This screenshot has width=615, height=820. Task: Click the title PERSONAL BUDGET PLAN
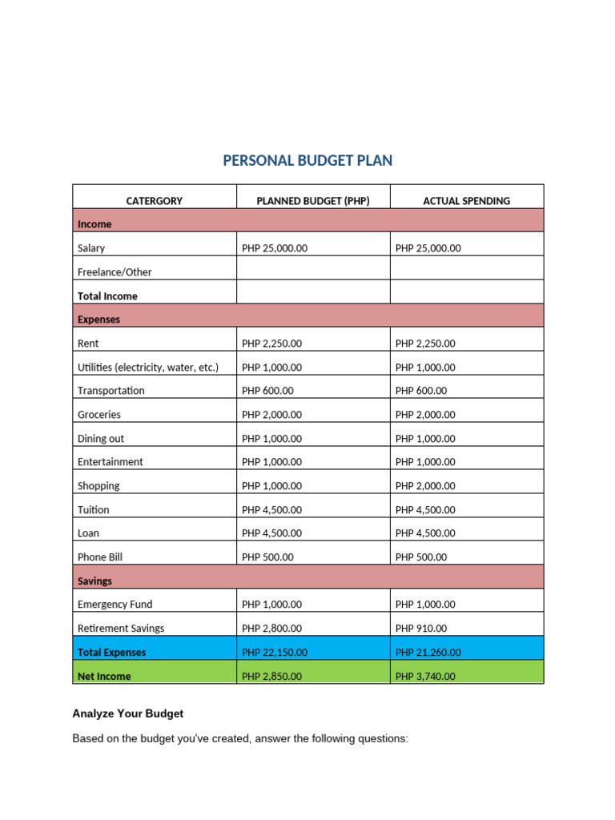coord(307,161)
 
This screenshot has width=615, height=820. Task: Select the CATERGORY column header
coord(155,201)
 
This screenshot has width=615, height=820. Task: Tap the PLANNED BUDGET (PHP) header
coord(313,201)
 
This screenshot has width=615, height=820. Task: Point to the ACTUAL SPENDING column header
coord(467,201)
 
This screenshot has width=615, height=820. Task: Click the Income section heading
coord(94,224)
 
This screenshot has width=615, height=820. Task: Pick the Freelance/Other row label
coord(115,272)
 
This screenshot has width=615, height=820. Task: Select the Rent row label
coord(88,344)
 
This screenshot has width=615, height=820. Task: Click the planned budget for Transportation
coord(267,391)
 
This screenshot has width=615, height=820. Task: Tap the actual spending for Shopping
coord(425,486)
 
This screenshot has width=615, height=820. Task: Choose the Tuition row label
coord(94,509)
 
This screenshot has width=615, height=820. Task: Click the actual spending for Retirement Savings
coord(421,629)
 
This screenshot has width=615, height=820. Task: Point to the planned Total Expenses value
coord(274,653)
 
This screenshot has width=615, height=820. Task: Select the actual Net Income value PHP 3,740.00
coord(425,677)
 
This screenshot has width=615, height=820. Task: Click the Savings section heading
coord(94,581)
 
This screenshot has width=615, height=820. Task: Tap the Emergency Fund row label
coord(115,605)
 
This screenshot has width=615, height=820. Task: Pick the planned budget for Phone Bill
coord(267,557)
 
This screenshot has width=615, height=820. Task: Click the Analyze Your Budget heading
coord(128,713)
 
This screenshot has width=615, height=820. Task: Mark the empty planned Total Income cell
coord(313,296)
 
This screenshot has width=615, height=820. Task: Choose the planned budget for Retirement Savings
coord(271,629)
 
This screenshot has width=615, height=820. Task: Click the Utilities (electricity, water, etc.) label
coord(148,368)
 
